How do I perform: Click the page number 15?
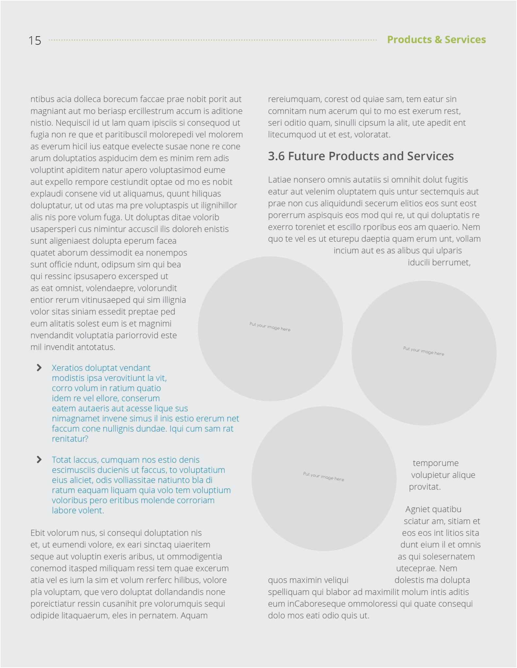35,40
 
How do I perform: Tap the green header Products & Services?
436,39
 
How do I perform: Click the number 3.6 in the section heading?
276,156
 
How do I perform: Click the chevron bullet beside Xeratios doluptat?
39,368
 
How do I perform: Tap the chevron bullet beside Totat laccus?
39,460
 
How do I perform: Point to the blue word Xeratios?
68,368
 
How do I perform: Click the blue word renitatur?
70,439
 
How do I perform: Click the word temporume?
436,463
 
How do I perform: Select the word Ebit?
38,533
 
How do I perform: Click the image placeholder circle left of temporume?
324,478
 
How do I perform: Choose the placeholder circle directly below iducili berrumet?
424,353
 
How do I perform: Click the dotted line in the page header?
212,40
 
